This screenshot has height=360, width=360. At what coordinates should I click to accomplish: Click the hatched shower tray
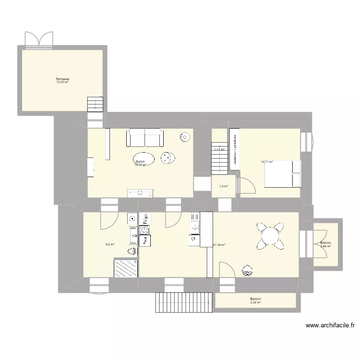click(x=126, y=268)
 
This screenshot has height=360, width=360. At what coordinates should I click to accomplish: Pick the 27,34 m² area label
click(x=219, y=245)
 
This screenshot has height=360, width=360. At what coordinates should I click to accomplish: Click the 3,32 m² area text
click(x=255, y=302)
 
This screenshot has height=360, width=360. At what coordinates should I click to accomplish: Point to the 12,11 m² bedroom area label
click(x=267, y=162)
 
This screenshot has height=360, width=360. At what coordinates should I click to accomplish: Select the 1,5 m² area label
click(x=224, y=187)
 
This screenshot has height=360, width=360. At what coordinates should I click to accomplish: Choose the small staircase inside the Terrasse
click(x=95, y=104)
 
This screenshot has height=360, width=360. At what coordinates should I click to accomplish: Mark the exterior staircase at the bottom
click(x=184, y=302)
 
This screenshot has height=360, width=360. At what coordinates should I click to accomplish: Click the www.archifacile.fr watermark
click(x=330, y=325)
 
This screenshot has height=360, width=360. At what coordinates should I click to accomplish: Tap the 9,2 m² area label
click(x=110, y=244)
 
